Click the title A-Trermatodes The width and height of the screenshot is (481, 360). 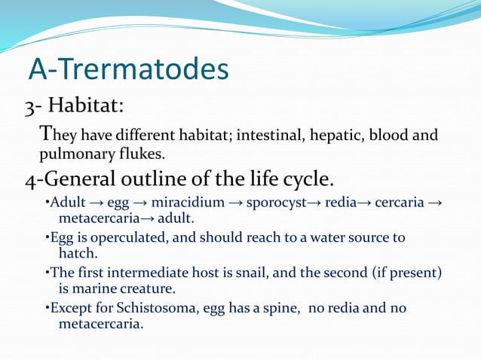pos(128,70)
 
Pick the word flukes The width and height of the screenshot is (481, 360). pos(139,154)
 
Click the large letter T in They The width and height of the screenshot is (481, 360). pos(46,134)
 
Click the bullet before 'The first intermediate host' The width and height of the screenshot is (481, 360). pos(47,273)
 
